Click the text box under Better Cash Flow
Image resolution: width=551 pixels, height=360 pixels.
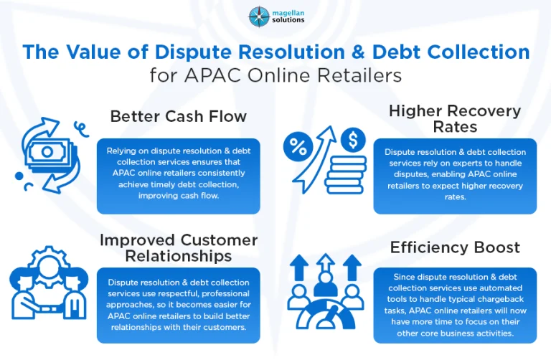coord(178,176)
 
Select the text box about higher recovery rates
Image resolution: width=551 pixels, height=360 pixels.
coord(455,176)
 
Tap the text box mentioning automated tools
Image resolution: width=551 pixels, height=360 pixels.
coord(455,305)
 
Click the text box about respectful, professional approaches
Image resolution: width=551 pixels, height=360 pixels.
coord(178,305)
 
